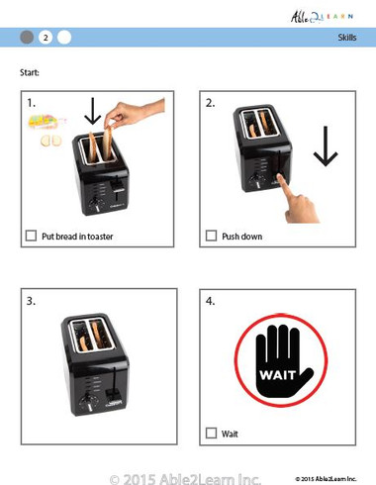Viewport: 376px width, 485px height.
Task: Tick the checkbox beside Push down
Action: pos(211,237)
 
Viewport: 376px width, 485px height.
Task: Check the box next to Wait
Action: pos(211,433)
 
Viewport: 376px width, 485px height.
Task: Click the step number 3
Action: pos(33,301)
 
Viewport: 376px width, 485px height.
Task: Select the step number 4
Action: pos(210,301)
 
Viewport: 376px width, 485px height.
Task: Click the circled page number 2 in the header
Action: pos(46,38)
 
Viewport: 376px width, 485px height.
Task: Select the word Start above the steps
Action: pos(31,72)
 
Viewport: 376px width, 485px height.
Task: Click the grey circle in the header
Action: pos(27,38)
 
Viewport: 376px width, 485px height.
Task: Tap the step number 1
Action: pos(33,103)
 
